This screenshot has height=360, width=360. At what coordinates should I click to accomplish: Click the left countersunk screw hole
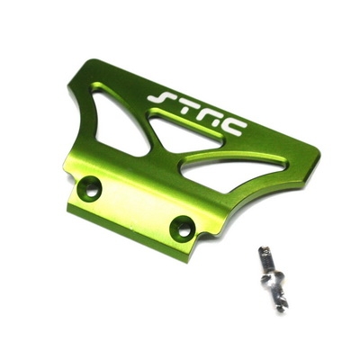(x=89, y=188)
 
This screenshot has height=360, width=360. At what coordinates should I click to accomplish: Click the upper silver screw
(x=264, y=259)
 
